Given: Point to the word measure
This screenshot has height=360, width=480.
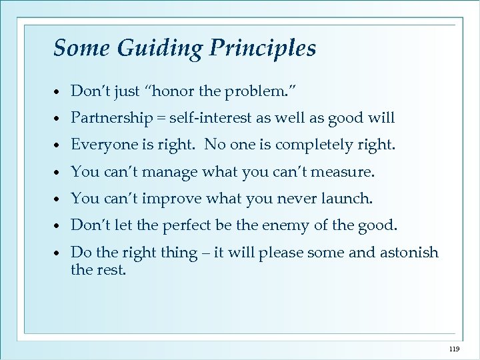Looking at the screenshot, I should coord(341,172).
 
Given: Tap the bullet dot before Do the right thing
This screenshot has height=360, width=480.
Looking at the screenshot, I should coord(59,253).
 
